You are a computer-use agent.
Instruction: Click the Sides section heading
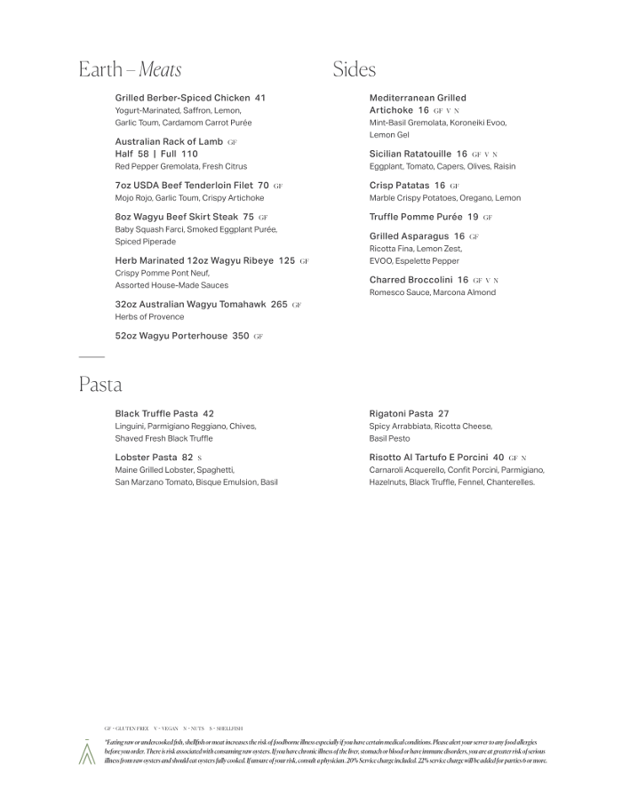tap(355, 69)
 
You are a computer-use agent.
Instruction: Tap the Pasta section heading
tap(100, 385)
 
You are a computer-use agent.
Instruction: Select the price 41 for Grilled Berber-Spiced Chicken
tap(259, 98)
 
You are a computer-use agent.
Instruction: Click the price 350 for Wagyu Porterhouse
tap(241, 337)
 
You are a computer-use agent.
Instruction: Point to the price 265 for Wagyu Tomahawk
tap(279, 304)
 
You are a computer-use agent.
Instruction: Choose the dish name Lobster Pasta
tap(146, 458)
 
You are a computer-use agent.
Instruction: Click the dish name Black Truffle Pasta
tap(156, 414)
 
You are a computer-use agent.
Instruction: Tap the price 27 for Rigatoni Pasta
tap(443, 414)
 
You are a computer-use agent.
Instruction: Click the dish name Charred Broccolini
tap(411, 280)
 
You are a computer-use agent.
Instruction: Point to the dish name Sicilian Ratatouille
tap(410, 154)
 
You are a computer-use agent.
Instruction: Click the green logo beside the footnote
tap(87, 752)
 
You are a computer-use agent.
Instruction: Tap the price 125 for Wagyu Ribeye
tap(286, 261)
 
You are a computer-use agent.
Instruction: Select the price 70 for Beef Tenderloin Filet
tap(263, 186)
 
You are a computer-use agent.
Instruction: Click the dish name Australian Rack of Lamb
tap(169, 141)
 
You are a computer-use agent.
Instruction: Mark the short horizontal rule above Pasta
tap(92, 357)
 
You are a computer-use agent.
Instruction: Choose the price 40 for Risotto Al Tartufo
tap(498, 458)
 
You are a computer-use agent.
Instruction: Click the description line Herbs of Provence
tap(149, 316)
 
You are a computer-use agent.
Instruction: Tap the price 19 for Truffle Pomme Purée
tap(473, 217)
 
